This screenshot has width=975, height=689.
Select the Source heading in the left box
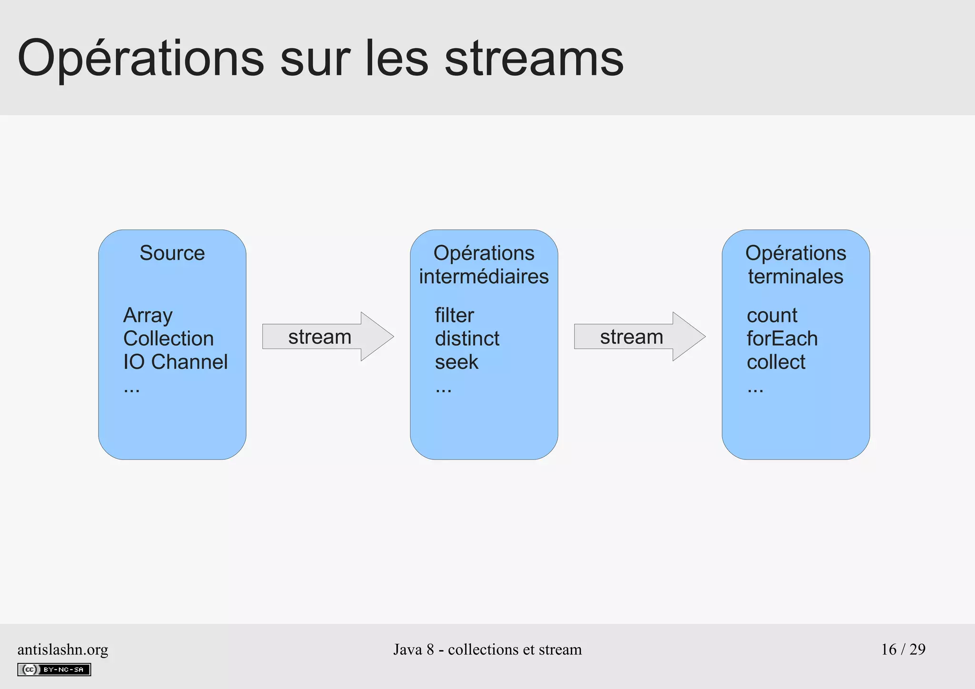click(x=172, y=253)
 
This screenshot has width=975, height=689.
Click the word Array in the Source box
click(x=148, y=316)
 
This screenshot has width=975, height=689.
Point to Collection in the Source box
click(x=169, y=339)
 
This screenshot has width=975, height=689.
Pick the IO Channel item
click(x=175, y=362)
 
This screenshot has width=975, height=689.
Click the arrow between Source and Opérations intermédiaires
click(x=328, y=337)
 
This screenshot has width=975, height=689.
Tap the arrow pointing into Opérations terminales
click(x=639, y=337)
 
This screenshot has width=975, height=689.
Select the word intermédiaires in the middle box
click(x=484, y=277)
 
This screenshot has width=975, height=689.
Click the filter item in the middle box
click(x=454, y=315)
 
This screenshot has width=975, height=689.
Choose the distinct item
click(x=467, y=339)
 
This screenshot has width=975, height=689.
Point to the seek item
click(x=456, y=362)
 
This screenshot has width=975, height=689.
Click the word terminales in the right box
click(x=796, y=277)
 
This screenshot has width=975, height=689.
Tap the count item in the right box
click(x=772, y=315)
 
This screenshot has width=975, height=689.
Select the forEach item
click(x=782, y=339)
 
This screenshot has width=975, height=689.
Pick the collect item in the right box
click(x=776, y=362)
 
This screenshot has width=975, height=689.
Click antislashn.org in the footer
click(x=63, y=649)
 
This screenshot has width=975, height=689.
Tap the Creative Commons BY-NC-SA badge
click(x=54, y=669)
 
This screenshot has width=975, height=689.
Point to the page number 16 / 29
click(x=903, y=649)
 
